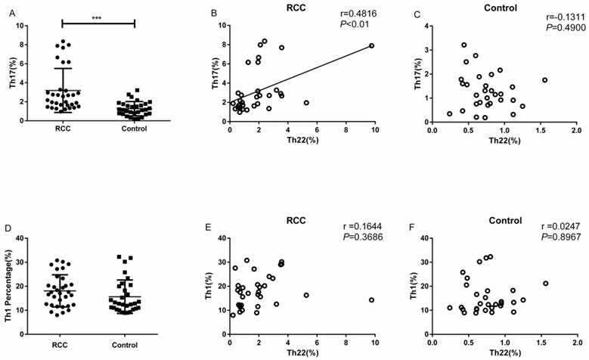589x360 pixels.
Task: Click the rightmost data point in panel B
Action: click(371, 45)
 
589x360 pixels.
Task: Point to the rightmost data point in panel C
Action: click(544, 80)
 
